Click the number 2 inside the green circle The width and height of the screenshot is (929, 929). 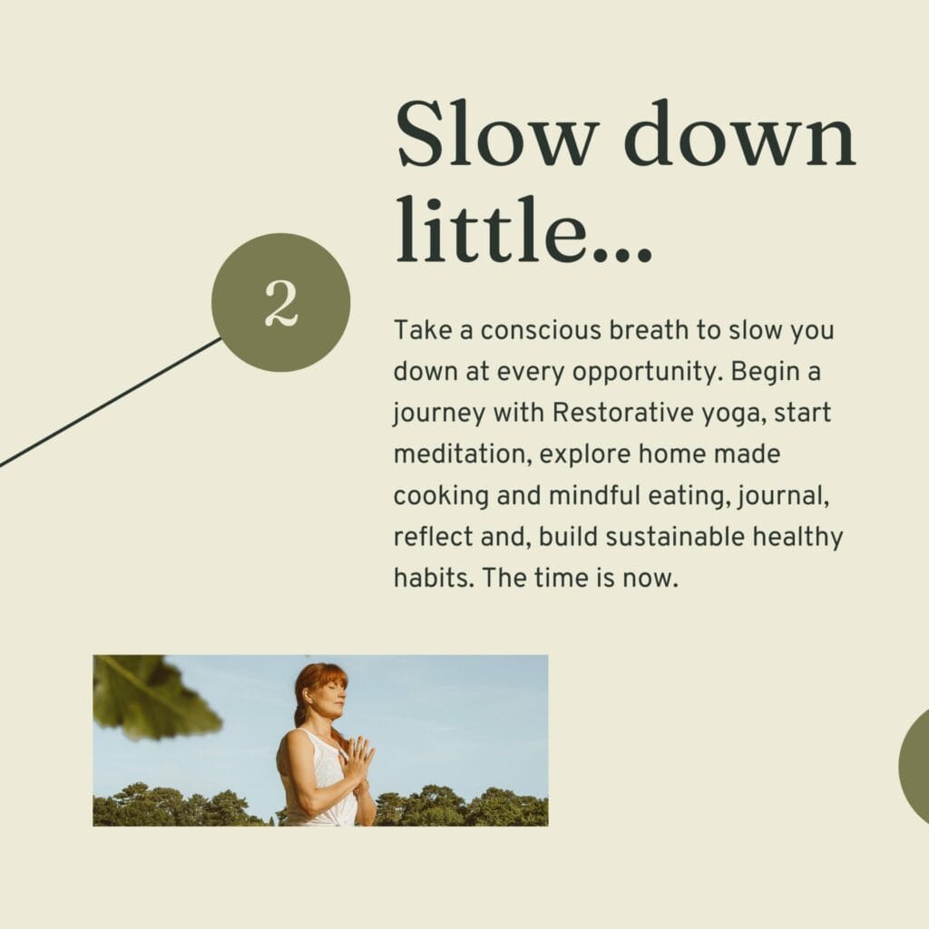[281, 303]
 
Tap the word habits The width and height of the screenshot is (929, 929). [434, 578]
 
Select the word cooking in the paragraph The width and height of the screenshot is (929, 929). [441, 496]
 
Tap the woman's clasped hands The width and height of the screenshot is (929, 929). [357, 759]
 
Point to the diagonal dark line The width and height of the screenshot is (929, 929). [111, 402]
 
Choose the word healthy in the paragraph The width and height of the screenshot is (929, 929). [797, 538]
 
